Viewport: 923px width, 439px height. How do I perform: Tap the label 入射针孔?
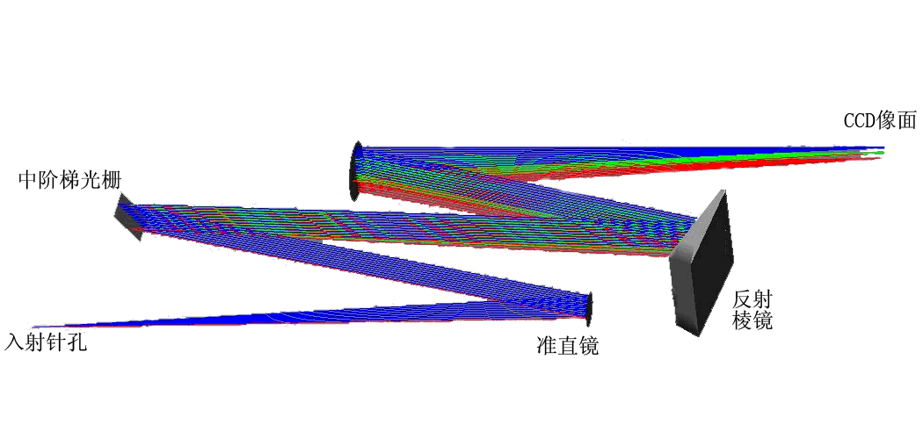[x=46, y=342]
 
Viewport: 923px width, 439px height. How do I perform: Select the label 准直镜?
[x=568, y=346]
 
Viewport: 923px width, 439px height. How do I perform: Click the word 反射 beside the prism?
[x=752, y=301]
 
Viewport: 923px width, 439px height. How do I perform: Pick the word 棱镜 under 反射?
[x=752, y=320]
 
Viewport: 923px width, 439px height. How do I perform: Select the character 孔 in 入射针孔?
[x=77, y=342]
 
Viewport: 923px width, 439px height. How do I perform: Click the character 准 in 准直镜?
[x=547, y=346]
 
